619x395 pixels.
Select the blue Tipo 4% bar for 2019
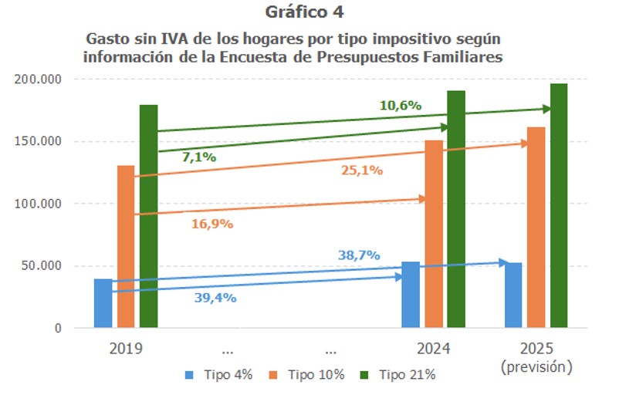pyautogui.click(x=103, y=304)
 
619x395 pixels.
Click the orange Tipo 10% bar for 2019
pyautogui.click(x=125, y=247)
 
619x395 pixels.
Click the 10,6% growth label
pyautogui.click(x=400, y=106)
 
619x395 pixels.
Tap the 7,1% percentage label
pyautogui.click(x=198, y=157)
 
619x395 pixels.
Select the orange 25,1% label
pyautogui.click(x=362, y=170)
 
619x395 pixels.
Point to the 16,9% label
pyautogui.click(x=211, y=224)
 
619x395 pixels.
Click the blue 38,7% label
pyautogui.click(x=358, y=255)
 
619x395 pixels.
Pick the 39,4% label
pyautogui.click(x=215, y=297)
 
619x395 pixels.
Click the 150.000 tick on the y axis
pyautogui.click(x=40, y=141)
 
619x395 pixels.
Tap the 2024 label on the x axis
pyautogui.click(x=433, y=348)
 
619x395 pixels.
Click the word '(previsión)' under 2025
pyautogui.click(x=536, y=366)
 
